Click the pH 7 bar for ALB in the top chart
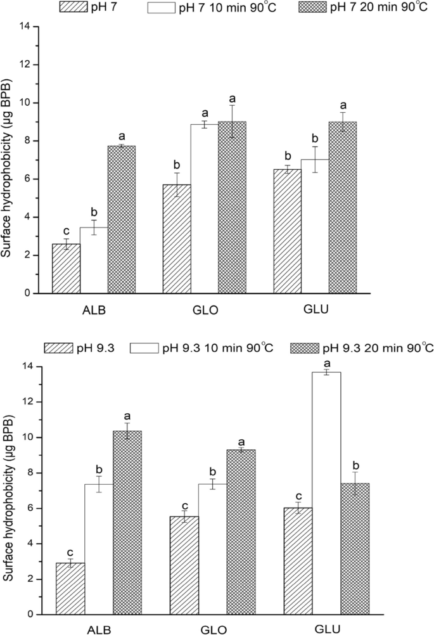coord(67,268)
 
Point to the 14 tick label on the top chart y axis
coord(24,27)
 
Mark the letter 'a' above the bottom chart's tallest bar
coord(328,363)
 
